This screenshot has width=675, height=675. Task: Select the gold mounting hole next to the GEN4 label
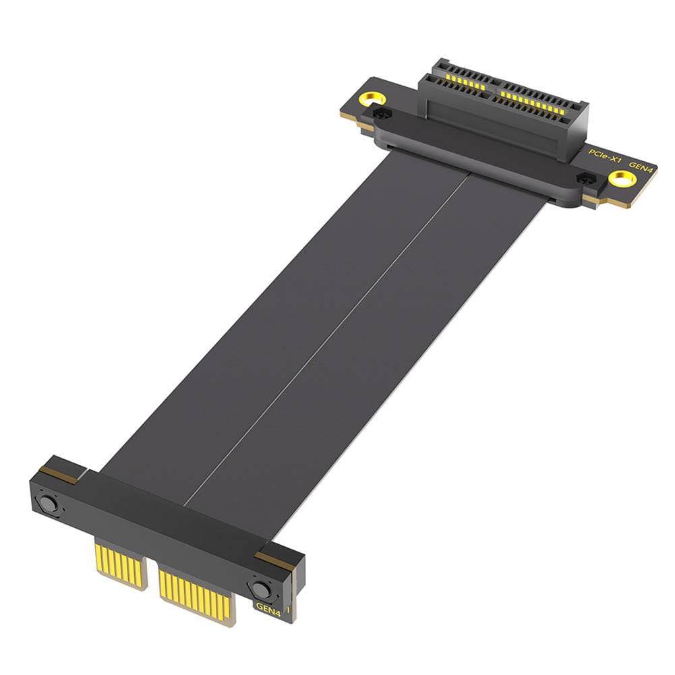pyautogui.click(x=620, y=179)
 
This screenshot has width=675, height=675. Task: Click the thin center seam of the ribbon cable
pyautogui.click(x=324, y=337)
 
